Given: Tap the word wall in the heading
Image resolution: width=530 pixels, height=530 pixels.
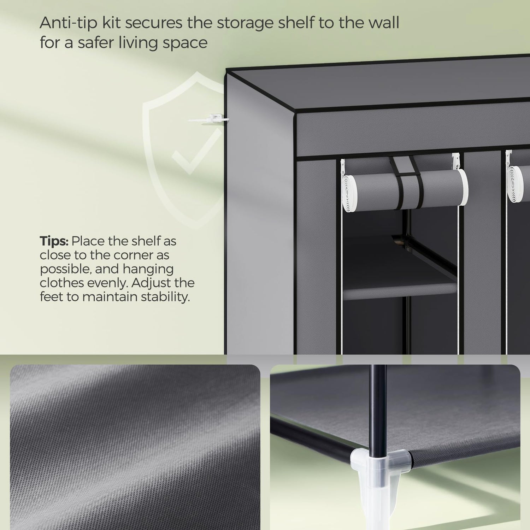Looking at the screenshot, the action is coord(382,23).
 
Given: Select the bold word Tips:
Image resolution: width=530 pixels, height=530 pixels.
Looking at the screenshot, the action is coord(54,242).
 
